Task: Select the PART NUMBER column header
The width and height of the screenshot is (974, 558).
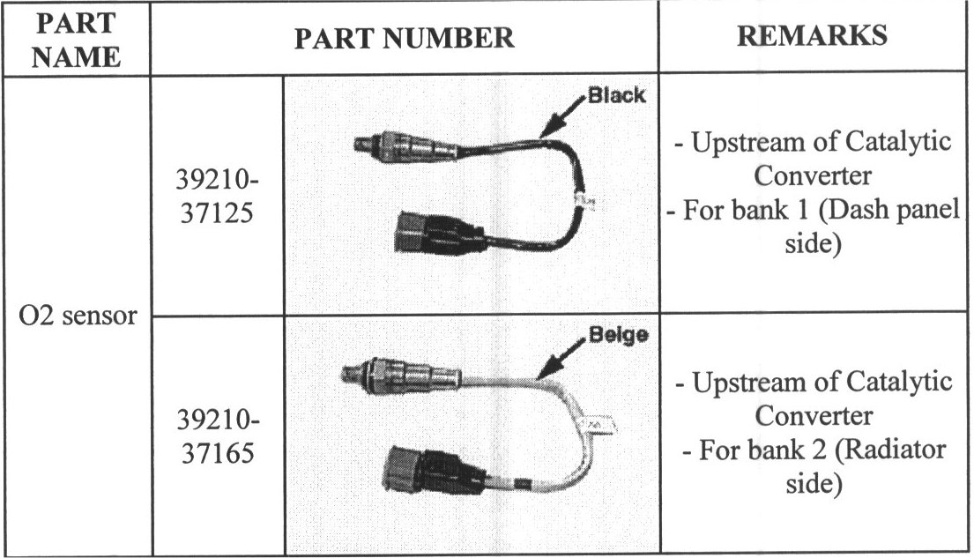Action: (x=404, y=38)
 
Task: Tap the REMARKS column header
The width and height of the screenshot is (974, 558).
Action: (x=812, y=36)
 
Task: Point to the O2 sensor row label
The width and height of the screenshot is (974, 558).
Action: (x=78, y=316)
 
